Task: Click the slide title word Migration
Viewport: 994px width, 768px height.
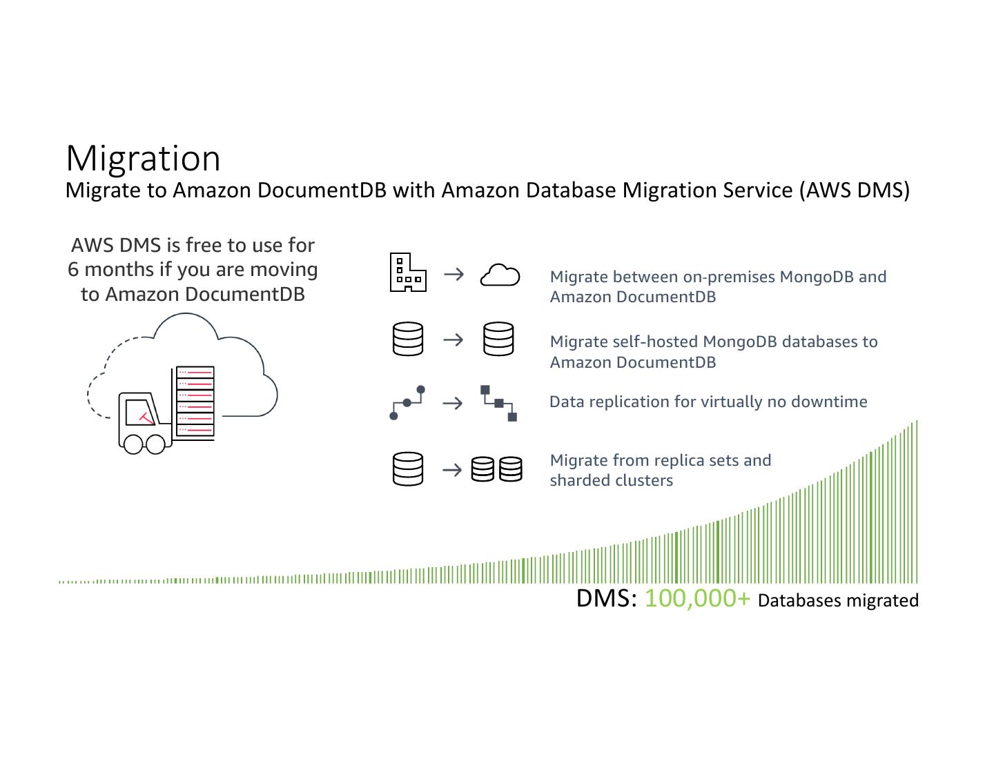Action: coord(143,158)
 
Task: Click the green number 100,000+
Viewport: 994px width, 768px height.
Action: coord(696,598)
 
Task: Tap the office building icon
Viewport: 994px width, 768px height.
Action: coord(407,273)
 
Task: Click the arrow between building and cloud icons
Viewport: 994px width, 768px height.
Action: coord(454,275)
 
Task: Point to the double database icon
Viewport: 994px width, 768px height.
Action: coord(496,469)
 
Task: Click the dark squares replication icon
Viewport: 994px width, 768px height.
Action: coord(498,403)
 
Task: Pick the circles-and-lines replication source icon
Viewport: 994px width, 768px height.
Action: coord(407,403)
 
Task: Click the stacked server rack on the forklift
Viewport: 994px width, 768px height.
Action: coord(195,402)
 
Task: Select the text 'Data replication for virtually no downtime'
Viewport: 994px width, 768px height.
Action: coord(708,402)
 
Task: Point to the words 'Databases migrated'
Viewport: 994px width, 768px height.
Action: coord(838,600)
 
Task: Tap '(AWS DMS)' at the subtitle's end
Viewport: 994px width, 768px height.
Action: coord(855,190)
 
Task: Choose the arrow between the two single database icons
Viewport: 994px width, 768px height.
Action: coord(453,339)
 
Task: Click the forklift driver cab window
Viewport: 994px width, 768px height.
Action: coord(140,411)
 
